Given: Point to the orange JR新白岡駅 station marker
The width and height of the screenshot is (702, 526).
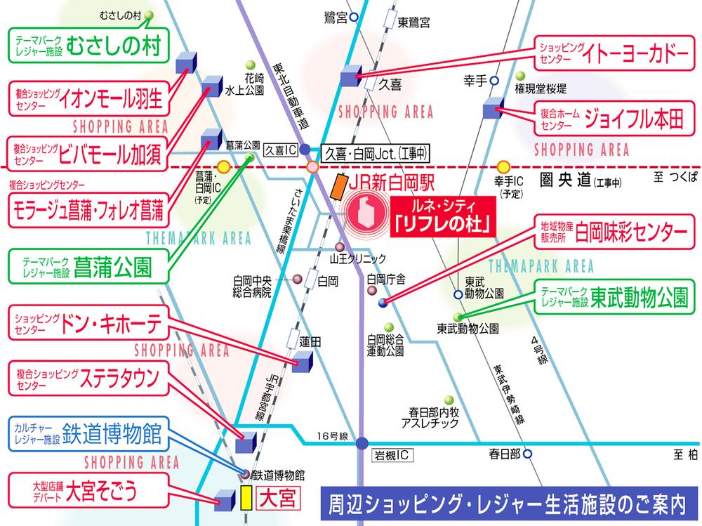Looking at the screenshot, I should tap(338, 186).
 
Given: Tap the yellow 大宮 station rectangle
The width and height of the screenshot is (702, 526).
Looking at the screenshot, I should tap(246, 498).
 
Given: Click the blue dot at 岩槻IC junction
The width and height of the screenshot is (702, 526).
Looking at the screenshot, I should tap(362, 443).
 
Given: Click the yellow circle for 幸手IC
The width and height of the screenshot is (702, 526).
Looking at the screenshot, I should tap(503, 167).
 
